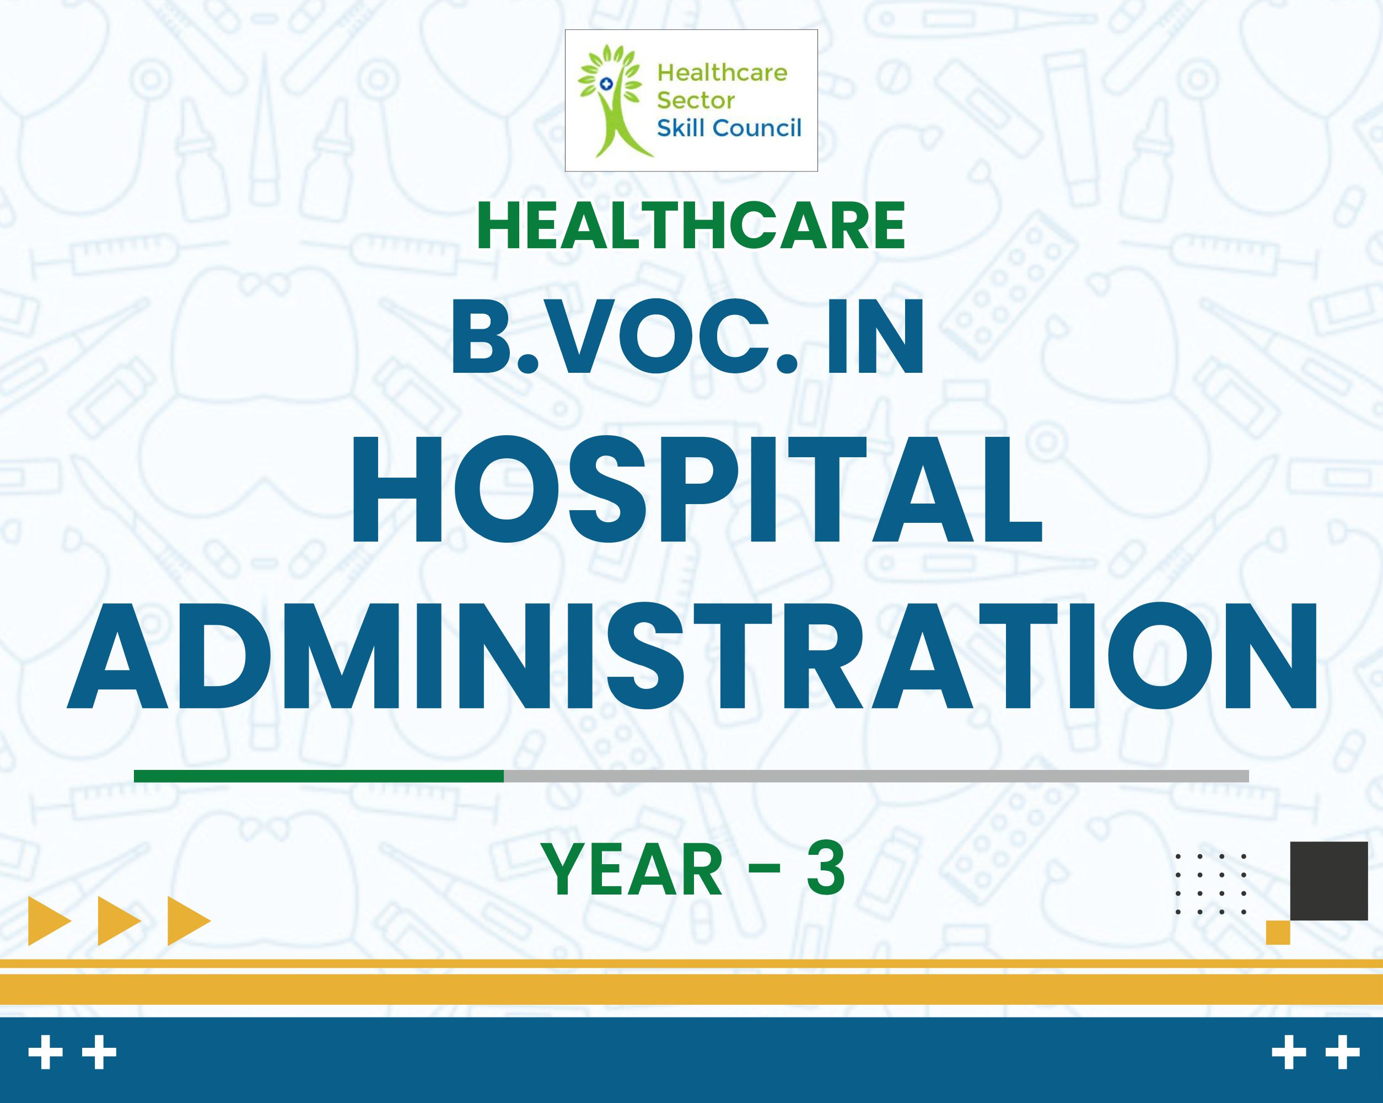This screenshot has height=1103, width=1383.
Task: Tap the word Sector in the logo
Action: click(695, 101)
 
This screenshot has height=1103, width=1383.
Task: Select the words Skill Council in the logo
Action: click(729, 128)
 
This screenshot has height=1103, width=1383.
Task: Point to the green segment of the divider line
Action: click(319, 776)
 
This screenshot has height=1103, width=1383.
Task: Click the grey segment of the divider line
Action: click(876, 776)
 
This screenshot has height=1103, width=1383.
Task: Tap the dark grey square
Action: click(1329, 881)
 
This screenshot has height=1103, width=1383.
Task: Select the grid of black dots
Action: click(1211, 884)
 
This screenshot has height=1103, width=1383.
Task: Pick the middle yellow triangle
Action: click(119, 922)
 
